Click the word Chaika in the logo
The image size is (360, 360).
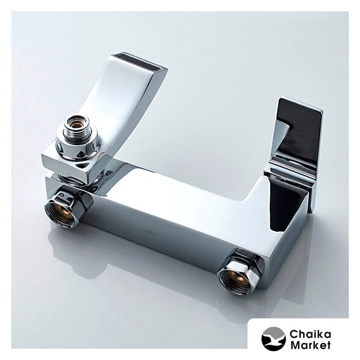pos(310,334)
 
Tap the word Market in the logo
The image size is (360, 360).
pos(310,345)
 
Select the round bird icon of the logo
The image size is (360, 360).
pos(273,339)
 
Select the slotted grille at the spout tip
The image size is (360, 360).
pos(141,62)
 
